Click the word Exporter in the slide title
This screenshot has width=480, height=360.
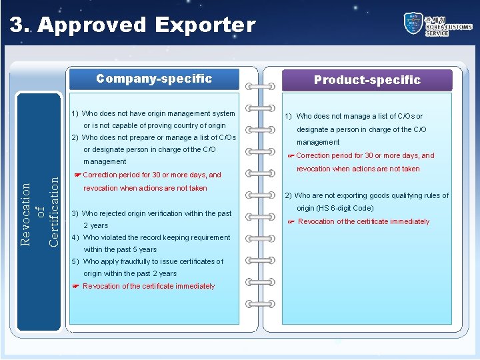point(205,25)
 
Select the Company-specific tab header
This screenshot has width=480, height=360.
point(154,79)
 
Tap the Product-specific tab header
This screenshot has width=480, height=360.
point(367,80)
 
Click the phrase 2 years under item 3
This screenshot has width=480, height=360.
point(95,225)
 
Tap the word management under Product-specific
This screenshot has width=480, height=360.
point(318,142)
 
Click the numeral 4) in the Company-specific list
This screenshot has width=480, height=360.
point(75,237)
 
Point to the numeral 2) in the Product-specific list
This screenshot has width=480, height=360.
point(289,195)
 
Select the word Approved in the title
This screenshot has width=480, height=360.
point(93,25)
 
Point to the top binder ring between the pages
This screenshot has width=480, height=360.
point(261,87)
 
